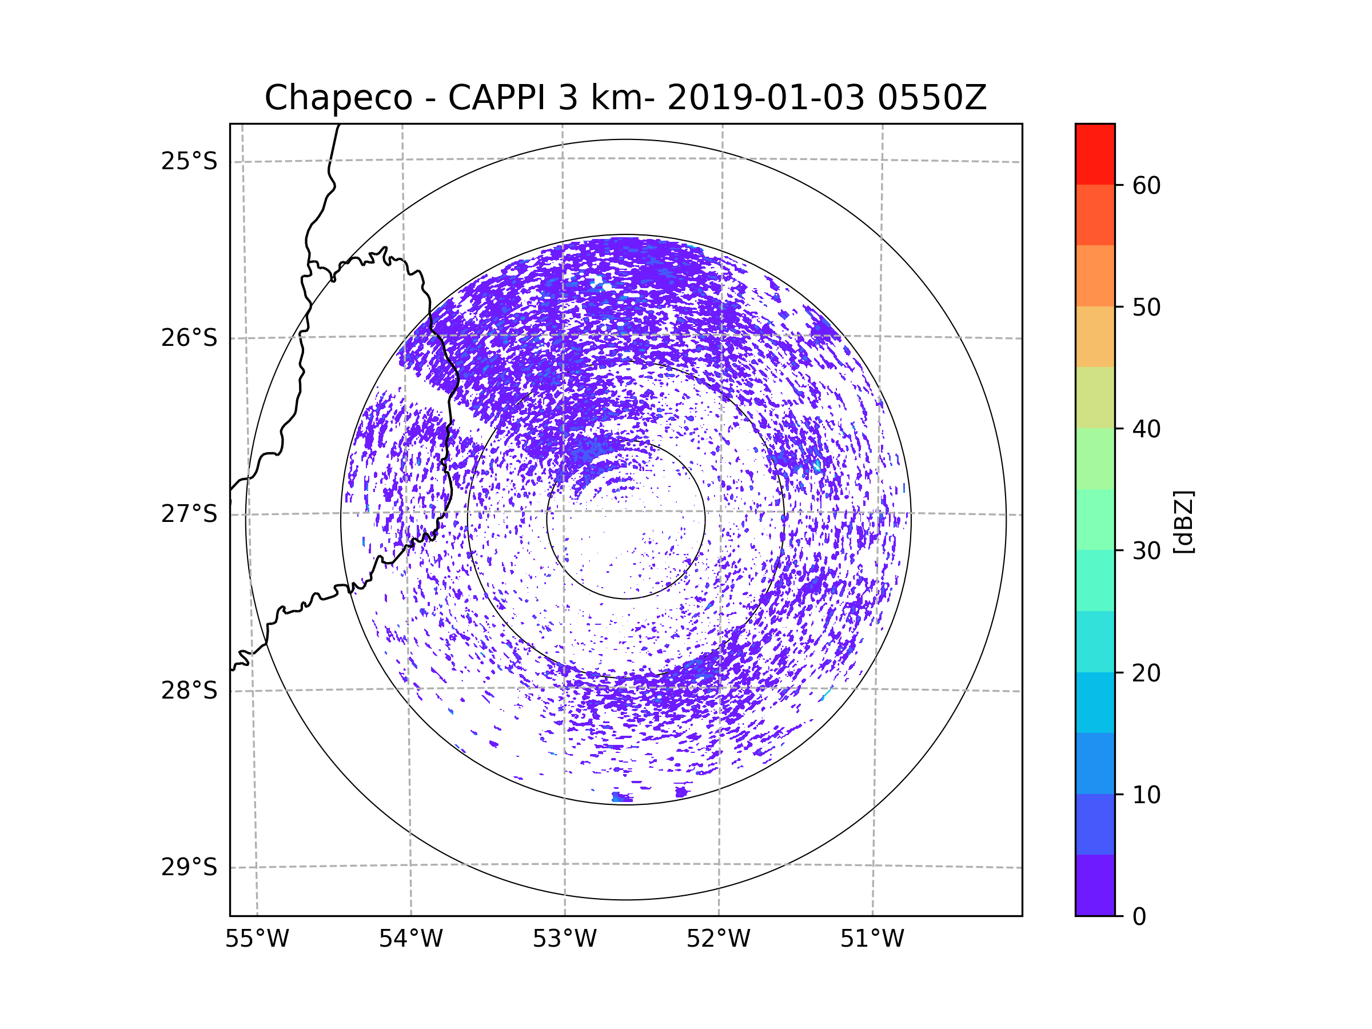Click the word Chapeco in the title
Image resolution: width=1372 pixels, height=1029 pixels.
pos(338,98)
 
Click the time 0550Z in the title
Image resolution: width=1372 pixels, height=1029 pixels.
pos(932,98)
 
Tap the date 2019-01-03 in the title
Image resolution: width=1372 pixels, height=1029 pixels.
pos(765,98)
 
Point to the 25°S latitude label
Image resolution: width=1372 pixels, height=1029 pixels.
pos(189,161)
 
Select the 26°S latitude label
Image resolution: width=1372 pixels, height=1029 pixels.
pos(189,338)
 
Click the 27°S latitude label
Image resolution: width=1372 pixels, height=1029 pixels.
pos(189,514)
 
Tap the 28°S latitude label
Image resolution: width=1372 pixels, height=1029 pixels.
pos(189,691)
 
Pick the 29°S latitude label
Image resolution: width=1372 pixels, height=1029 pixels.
pos(189,867)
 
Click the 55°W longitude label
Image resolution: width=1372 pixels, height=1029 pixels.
pos(257,939)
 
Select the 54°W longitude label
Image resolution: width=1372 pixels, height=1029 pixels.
pos(410,939)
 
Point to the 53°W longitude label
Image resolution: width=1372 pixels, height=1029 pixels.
pos(564,939)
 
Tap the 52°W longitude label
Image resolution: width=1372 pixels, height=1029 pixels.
pos(718,939)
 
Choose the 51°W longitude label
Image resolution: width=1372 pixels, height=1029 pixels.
pos(872,939)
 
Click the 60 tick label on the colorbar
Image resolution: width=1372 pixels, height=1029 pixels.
pos(1146,185)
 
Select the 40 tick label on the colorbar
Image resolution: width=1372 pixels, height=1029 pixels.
pos(1146,429)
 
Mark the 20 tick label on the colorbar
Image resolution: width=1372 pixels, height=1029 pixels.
pos(1146,673)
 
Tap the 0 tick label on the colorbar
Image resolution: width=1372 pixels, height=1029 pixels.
pos(1139,917)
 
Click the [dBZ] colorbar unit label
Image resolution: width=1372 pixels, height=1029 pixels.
pos(1183,523)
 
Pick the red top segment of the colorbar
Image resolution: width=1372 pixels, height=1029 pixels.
pos(1095,154)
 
